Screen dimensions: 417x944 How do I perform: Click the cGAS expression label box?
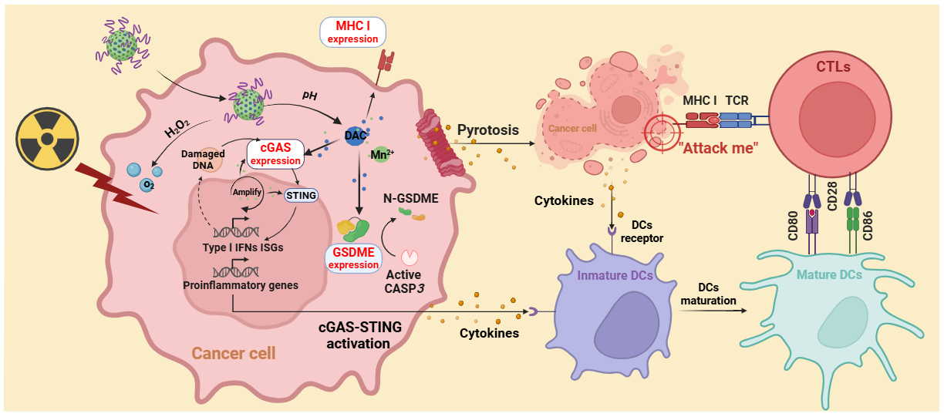point(275,154)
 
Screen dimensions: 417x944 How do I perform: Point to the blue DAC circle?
point(355,136)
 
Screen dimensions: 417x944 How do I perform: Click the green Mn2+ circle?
point(381,155)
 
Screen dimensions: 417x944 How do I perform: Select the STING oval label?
point(301,195)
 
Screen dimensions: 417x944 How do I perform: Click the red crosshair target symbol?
point(664,132)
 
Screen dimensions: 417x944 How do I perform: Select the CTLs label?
point(832,67)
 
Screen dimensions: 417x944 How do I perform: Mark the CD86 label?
point(867,224)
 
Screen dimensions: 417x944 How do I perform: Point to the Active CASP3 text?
point(405,282)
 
